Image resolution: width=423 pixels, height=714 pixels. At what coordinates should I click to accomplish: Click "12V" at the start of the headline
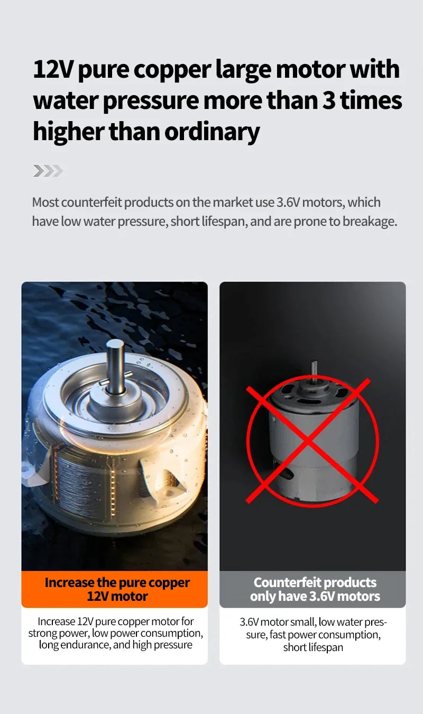pyautogui.click(x=53, y=69)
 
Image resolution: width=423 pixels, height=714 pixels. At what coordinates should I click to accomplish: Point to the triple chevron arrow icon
pyautogui.click(x=48, y=171)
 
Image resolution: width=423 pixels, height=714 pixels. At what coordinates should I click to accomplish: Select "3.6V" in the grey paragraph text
pyautogui.click(x=288, y=203)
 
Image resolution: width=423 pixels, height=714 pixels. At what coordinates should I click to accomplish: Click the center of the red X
pyautogui.click(x=308, y=441)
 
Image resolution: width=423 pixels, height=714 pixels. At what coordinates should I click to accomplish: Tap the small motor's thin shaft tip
pyautogui.click(x=314, y=363)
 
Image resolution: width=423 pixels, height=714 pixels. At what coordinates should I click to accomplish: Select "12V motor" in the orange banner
pyautogui.click(x=117, y=596)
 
